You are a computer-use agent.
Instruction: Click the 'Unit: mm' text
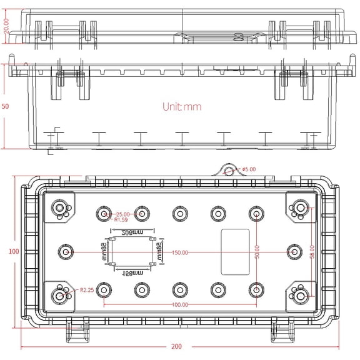point(182,107)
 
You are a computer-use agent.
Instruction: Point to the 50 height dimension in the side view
point(6,107)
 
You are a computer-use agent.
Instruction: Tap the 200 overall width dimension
point(177,346)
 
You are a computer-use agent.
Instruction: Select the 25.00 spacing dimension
point(122,214)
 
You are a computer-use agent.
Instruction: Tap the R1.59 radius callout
point(120,220)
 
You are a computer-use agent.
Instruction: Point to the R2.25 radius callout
point(87,290)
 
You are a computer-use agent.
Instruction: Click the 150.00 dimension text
point(181,252)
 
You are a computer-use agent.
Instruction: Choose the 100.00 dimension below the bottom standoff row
point(181,305)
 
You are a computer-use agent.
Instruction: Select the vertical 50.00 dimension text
point(256,252)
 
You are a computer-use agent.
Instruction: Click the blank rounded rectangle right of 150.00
point(235,251)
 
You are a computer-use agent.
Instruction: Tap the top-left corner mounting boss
point(60,208)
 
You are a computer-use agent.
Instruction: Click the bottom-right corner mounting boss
point(301,295)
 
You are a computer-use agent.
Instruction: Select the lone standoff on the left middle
point(65,252)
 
